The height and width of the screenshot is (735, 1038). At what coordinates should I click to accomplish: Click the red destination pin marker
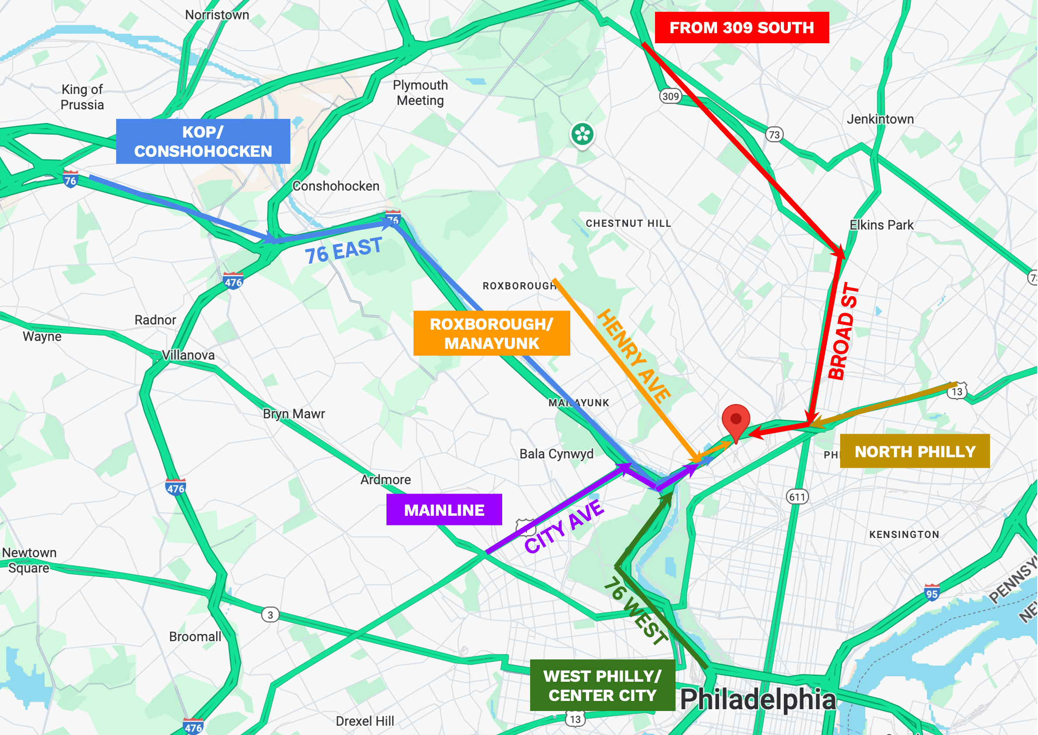pyautogui.click(x=736, y=420)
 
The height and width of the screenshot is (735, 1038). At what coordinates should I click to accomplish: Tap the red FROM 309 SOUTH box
pyautogui.click(x=742, y=28)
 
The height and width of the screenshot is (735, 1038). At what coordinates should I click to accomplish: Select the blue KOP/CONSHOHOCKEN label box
pyautogui.click(x=203, y=141)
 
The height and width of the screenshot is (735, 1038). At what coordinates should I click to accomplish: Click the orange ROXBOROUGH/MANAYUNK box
pyautogui.click(x=492, y=334)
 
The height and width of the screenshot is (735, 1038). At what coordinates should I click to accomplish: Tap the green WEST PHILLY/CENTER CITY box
pyautogui.click(x=603, y=686)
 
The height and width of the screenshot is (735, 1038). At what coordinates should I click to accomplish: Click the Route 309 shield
pyautogui.click(x=670, y=97)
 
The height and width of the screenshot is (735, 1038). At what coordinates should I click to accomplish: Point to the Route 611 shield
pyautogui.click(x=797, y=497)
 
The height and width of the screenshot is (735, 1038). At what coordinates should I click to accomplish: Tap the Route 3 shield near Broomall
pyautogui.click(x=270, y=615)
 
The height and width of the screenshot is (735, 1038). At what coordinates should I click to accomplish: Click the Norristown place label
pyautogui.click(x=217, y=15)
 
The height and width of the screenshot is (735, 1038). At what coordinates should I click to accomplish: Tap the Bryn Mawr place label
pyautogui.click(x=294, y=414)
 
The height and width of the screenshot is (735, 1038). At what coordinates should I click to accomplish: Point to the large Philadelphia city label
pyautogui.click(x=759, y=700)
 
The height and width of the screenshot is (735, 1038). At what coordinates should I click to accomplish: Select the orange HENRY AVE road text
pyautogui.click(x=634, y=356)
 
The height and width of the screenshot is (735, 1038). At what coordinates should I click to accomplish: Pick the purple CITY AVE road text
pyautogui.click(x=564, y=527)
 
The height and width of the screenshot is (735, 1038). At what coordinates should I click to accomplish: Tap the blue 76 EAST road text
pyautogui.click(x=344, y=250)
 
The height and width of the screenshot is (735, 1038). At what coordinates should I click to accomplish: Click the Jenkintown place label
pyautogui.click(x=880, y=120)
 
